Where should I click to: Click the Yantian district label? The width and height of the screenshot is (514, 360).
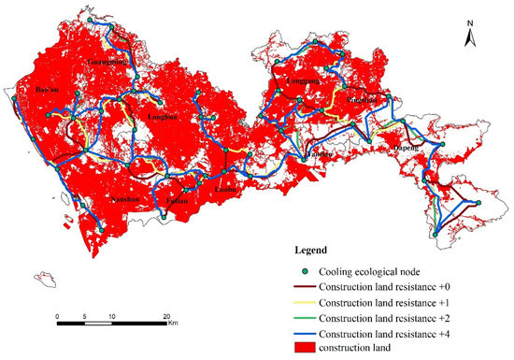[x=321, y=152]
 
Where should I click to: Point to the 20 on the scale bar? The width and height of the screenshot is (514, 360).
[x=166, y=317]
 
